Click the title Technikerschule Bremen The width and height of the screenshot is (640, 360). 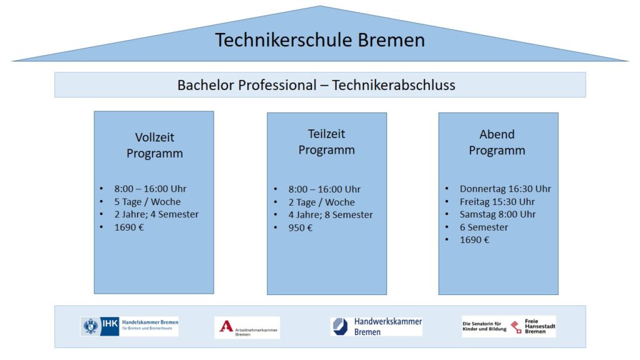pyautogui.click(x=320, y=40)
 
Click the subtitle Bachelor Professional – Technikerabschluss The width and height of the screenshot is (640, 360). pyautogui.click(x=316, y=85)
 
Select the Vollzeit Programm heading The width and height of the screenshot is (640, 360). pyautogui.click(x=155, y=145)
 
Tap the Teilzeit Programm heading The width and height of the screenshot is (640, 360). pyautogui.click(x=326, y=142)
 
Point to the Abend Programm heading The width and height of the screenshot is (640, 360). pyautogui.click(x=497, y=142)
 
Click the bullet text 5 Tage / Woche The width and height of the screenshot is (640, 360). pyautogui.click(x=147, y=202)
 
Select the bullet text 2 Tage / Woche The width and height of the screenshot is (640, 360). pyautogui.click(x=322, y=202)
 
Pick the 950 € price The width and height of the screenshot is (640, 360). pyautogui.click(x=301, y=227)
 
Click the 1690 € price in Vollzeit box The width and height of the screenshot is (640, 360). pyautogui.click(x=129, y=227)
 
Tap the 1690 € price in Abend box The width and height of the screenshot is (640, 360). pyautogui.click(x=474, y=239)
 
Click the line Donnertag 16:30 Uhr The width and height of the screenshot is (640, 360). pyautogui.click(x=505, y=189)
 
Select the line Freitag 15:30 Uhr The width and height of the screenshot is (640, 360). pyautogui.click(x=497, y=202)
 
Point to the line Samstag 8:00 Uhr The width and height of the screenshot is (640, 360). pyautogui.click(x=497, y=214)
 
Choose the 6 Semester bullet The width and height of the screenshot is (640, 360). pyautogui.click(x=484, y=227)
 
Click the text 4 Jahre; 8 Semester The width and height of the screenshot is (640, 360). pyautogui.click(x=331, y=215)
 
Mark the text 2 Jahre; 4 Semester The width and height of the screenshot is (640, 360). pyautogui.click(x=156, y=214)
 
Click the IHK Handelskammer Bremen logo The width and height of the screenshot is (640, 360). pyautogui.click(x=129, y=326)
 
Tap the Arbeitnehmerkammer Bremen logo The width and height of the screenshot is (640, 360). pyautogui.click(x=247, y=327)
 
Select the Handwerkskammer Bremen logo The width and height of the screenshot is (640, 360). pyautogui.click(x=376, y=326)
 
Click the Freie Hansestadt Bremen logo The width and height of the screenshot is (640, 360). pyautogui.click(x=509, y=326)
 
